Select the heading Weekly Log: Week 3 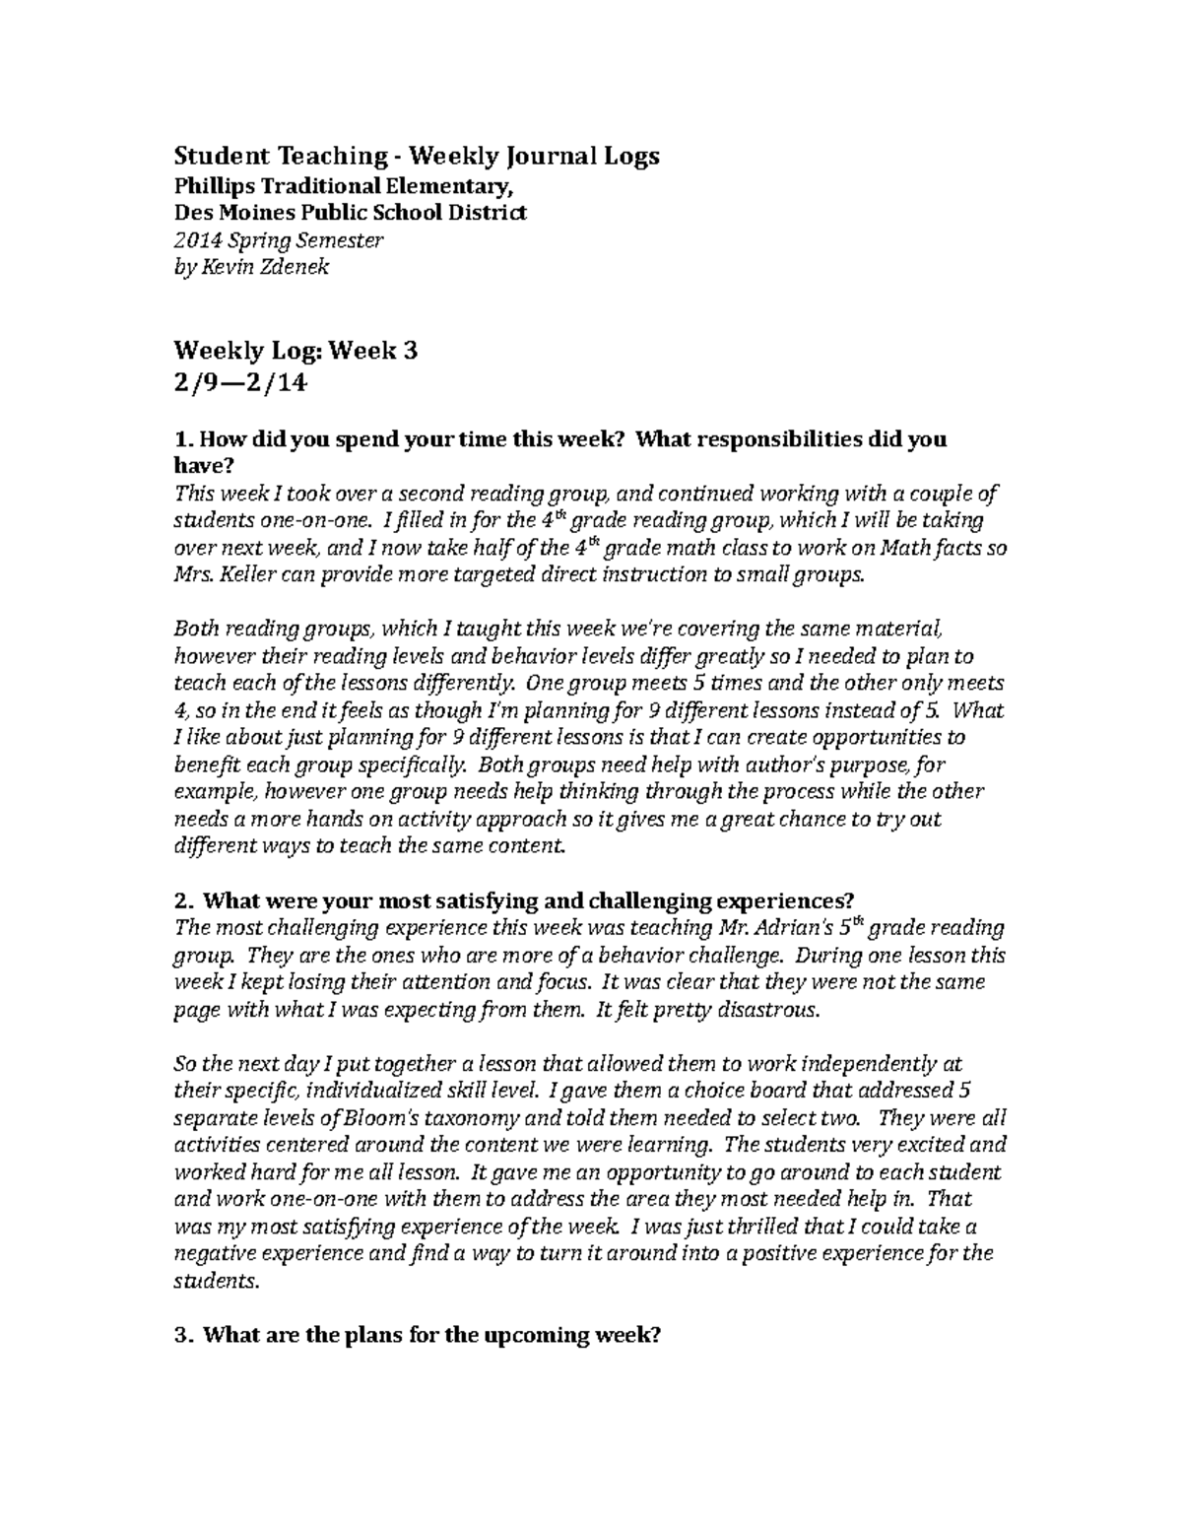295,350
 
